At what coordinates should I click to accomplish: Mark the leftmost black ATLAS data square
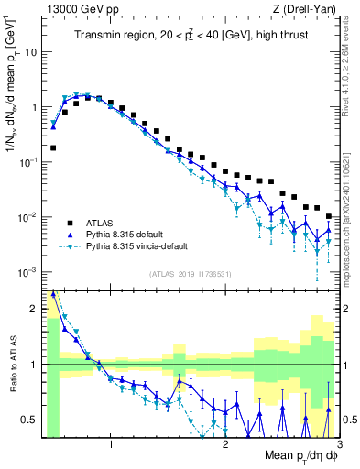pyautogui.click(x=53, y=147)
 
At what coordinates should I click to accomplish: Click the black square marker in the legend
pyautogui.click(x=70, y=223)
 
